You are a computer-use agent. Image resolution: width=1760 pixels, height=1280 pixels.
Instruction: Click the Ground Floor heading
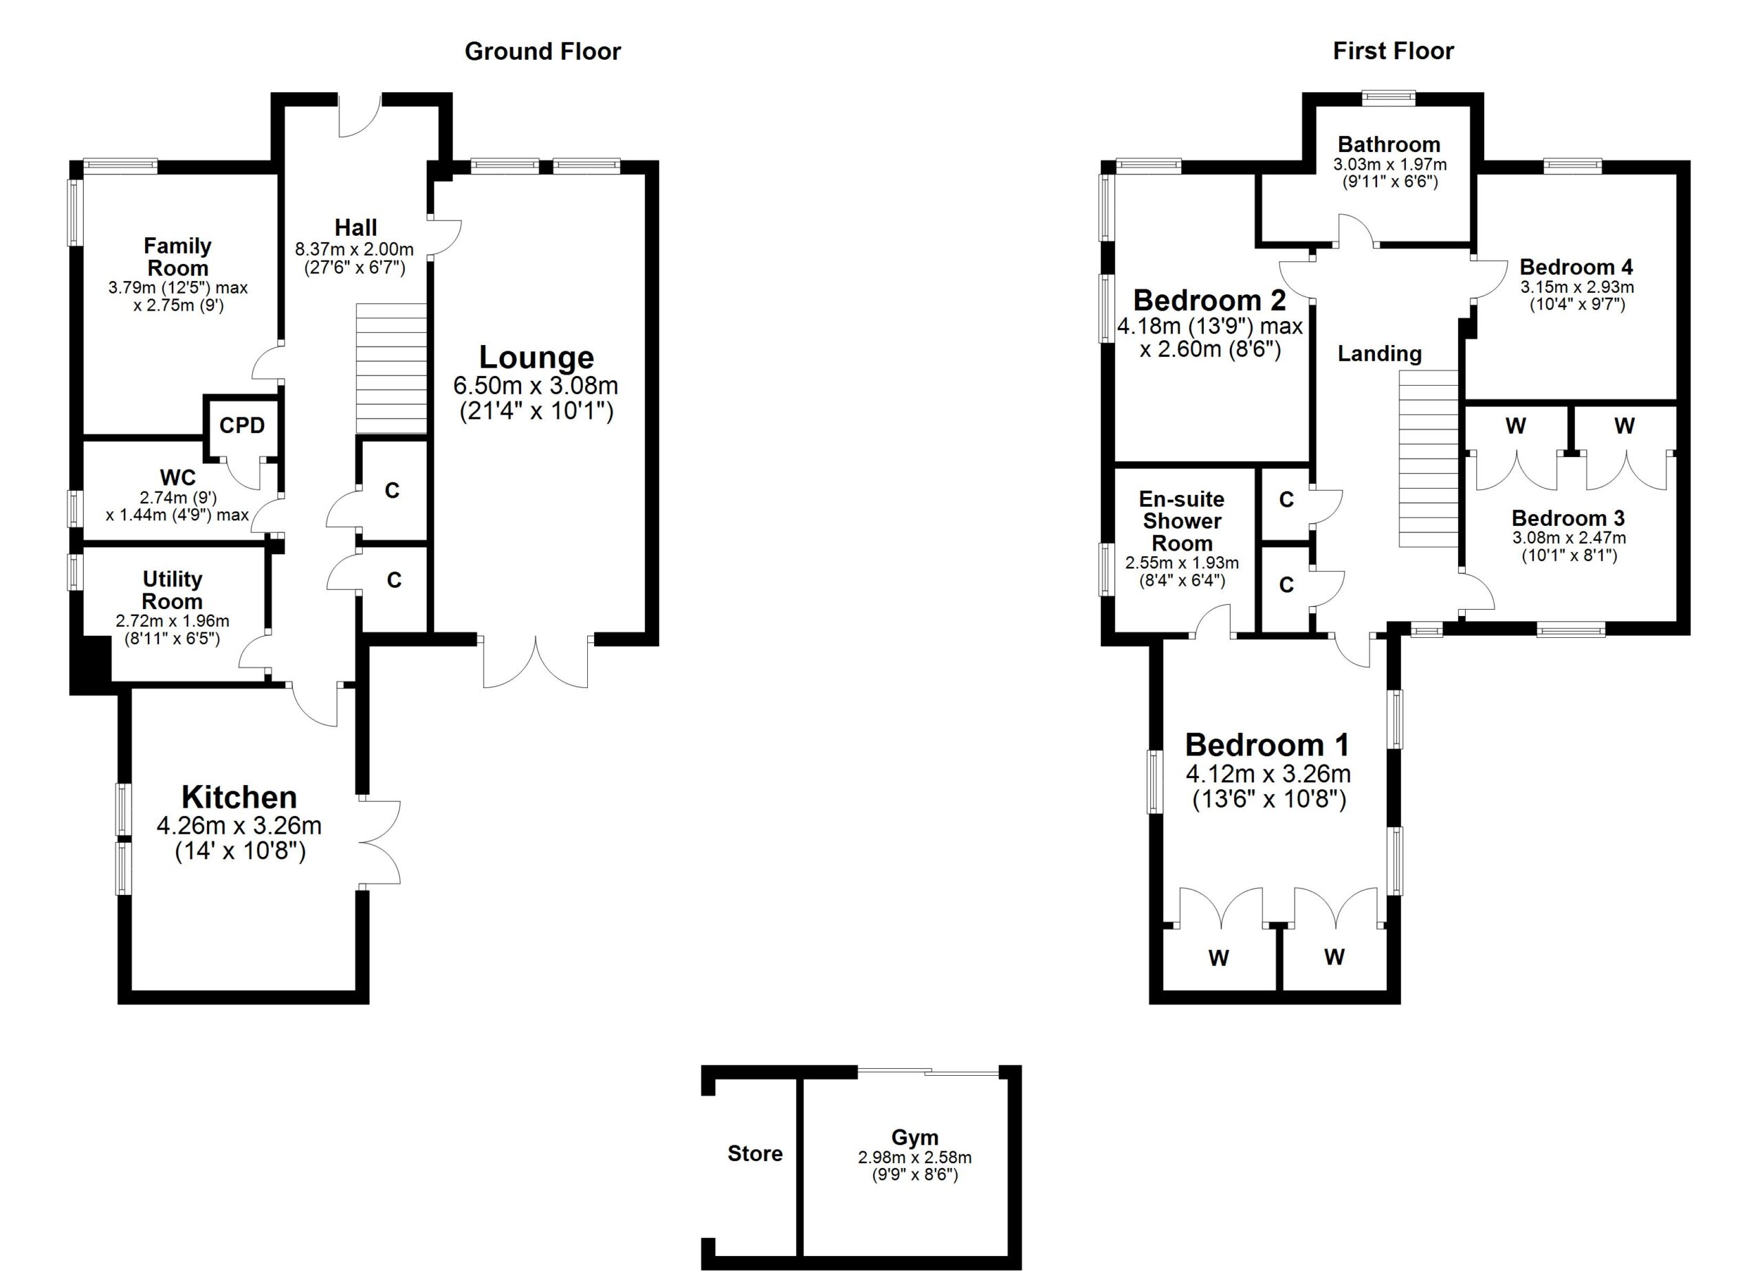[x=542, y=51]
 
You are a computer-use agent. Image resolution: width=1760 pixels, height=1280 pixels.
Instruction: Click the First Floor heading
[x=1393, y=51]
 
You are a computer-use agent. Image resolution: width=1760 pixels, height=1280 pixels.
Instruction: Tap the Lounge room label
[x=536, y=357]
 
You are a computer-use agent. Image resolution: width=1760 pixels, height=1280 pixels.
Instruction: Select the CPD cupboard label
[x=242, y=425]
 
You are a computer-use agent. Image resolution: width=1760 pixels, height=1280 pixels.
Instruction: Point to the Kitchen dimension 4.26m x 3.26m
[x=239, y=826]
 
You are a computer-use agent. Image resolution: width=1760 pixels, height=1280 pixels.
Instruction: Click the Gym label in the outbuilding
[x=915, y=1137]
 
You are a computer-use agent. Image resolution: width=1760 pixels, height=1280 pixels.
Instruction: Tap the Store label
[x=755, y=1154]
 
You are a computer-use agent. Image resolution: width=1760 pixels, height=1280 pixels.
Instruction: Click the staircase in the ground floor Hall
[x=391, y=368]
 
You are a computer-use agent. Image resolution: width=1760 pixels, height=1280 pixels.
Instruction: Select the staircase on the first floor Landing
[x=1429, y=459]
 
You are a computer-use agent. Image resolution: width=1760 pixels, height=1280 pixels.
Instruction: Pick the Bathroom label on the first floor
[x=1389, y=144]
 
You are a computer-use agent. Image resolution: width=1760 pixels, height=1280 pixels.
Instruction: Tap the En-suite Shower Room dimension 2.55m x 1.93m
[x=1182, y=562]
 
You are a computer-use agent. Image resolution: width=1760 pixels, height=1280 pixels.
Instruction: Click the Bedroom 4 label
[x=1576, y=267]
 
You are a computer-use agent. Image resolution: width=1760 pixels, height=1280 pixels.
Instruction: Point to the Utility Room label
[x=173, y=591]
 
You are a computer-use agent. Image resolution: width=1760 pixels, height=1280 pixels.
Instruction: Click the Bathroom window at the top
[x=1389, y=98]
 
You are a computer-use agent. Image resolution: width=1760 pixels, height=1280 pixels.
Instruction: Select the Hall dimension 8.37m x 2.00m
[x=354, y=250]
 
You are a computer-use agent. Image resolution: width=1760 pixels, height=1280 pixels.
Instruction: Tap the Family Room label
[x=177, y=257]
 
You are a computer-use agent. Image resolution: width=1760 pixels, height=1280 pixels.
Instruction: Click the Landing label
[x=1380, y=354]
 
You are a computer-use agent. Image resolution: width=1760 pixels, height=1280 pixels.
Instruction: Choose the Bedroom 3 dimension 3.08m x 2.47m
[x=1568, y=538]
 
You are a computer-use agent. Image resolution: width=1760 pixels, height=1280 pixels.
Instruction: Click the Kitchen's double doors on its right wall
[x=380, y=841]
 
